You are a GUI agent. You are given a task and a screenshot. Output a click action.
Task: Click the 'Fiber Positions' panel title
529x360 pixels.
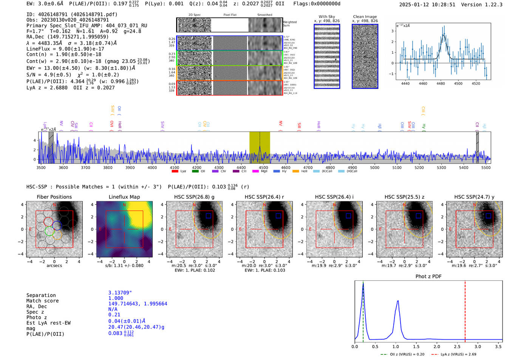(x=54, y=197)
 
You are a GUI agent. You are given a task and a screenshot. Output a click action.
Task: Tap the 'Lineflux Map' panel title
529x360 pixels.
(x=124, y=197)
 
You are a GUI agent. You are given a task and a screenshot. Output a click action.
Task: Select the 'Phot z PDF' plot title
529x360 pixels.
(x=428, y=277)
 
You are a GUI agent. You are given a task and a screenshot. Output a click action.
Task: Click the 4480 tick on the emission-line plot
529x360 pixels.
(x=441, y=83)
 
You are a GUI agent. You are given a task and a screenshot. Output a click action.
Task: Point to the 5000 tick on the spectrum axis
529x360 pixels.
(x=374, y=167)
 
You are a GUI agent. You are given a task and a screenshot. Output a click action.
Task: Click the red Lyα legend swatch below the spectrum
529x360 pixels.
(x=175, y=172)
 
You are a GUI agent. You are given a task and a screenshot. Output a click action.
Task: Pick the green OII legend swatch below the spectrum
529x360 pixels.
(x=195, y=172)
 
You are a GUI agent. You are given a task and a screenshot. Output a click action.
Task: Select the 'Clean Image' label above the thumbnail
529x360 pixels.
(x=365, y=17)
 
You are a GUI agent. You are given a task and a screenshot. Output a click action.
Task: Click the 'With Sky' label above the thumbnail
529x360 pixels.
(x=327, y=17)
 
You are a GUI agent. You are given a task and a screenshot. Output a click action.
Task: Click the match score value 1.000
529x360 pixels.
(x=116, y=298)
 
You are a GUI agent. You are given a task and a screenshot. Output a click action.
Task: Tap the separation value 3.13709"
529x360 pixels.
(x=120, y=293)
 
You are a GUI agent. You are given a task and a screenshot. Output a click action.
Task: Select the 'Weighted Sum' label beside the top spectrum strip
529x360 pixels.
(x=289, y=23)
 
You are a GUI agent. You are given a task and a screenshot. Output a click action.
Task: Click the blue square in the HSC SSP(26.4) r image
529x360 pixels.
(x=278, y=216)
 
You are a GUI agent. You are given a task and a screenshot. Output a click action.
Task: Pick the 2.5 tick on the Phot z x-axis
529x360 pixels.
(x=457, y=346)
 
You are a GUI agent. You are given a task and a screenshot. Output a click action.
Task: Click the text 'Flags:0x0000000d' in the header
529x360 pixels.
(x=317, y=4)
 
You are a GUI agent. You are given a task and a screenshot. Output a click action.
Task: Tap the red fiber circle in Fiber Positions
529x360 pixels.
(x=48, y=221)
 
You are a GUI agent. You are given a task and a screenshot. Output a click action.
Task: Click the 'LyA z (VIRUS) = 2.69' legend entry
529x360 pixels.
(x=458, y=354)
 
